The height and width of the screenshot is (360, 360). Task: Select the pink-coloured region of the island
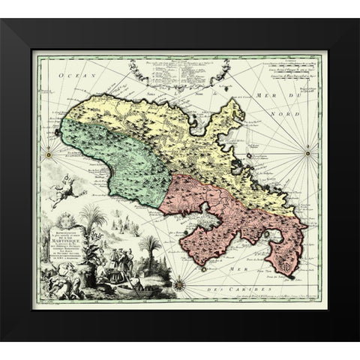(225, 210)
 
